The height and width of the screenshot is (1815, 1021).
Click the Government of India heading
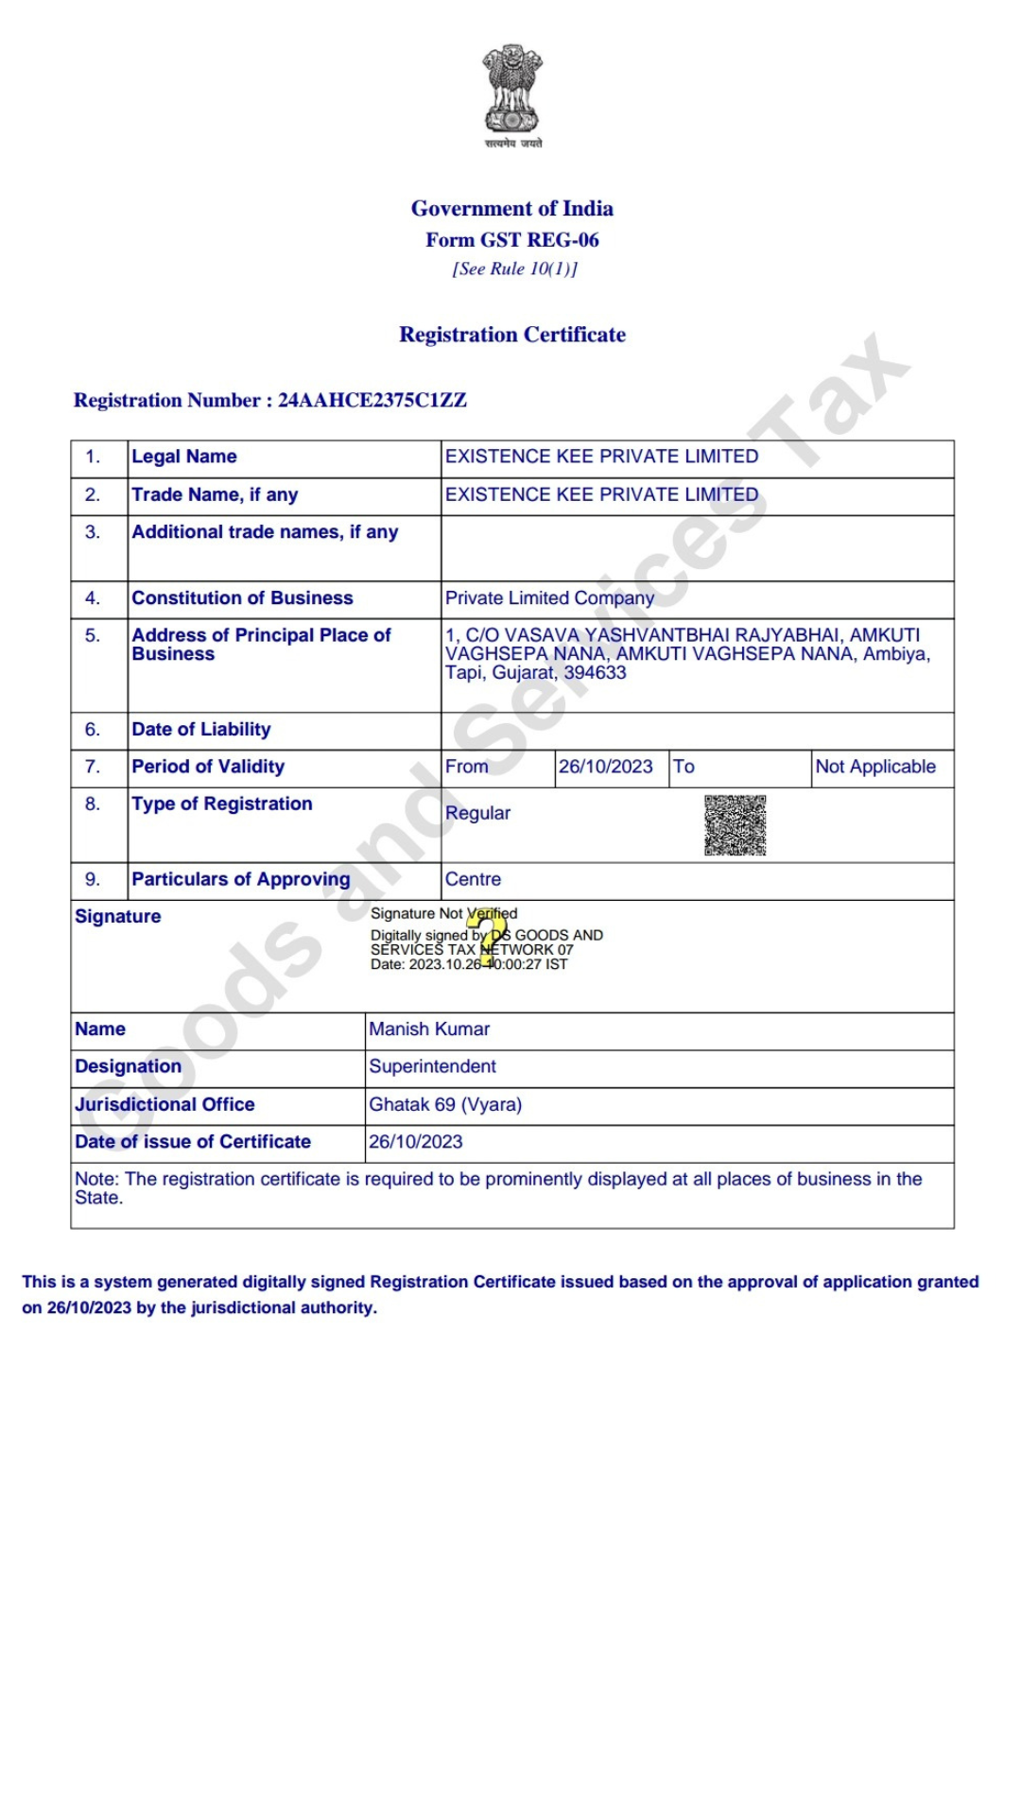511,209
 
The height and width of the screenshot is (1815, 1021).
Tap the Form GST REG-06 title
511,240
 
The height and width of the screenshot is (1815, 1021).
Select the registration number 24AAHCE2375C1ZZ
372,401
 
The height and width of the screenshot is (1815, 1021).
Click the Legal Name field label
184,457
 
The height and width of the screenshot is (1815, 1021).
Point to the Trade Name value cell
601,494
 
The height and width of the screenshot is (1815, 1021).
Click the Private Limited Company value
549,598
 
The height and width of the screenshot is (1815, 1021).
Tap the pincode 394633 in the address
595,673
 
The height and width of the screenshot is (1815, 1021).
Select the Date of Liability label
201,730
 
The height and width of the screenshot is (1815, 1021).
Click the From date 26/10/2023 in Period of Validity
605,767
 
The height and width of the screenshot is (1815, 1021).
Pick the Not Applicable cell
875,767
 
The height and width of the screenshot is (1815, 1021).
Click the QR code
735,825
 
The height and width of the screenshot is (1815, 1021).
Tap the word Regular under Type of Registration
477,813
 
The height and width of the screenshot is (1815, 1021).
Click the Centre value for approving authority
473,879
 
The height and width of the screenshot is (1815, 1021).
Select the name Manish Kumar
429,1029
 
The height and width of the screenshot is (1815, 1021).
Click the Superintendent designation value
432,1066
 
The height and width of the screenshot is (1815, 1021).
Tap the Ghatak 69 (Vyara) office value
445,1104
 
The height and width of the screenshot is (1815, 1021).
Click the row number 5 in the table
93,635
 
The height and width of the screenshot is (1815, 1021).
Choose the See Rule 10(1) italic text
514,269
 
